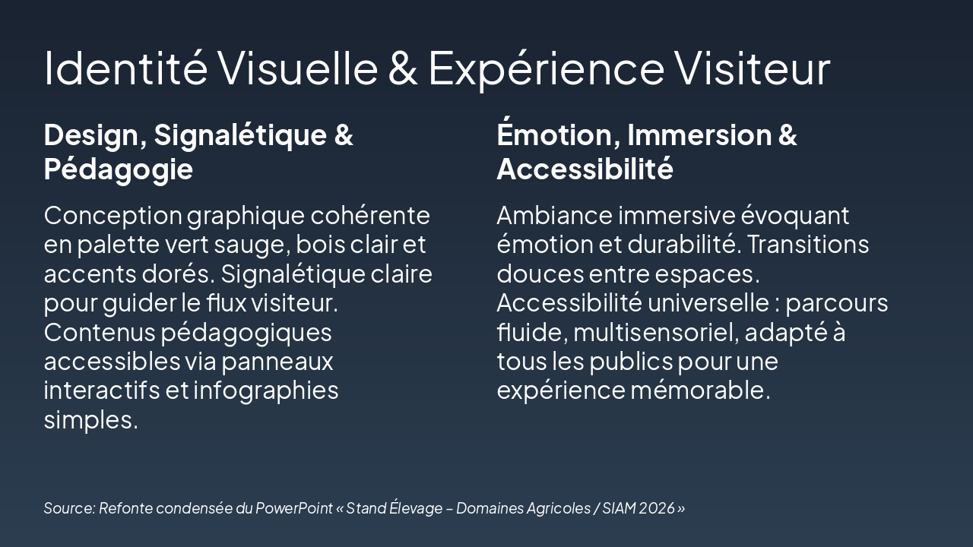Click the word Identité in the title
(125, 67)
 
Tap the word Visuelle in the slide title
(298, 67)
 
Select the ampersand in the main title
(403, 67)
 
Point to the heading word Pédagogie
(118, 169)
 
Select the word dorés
(179, 273)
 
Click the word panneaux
(286, 360)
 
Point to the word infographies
(265, 390)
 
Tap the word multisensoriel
(654, 332)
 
